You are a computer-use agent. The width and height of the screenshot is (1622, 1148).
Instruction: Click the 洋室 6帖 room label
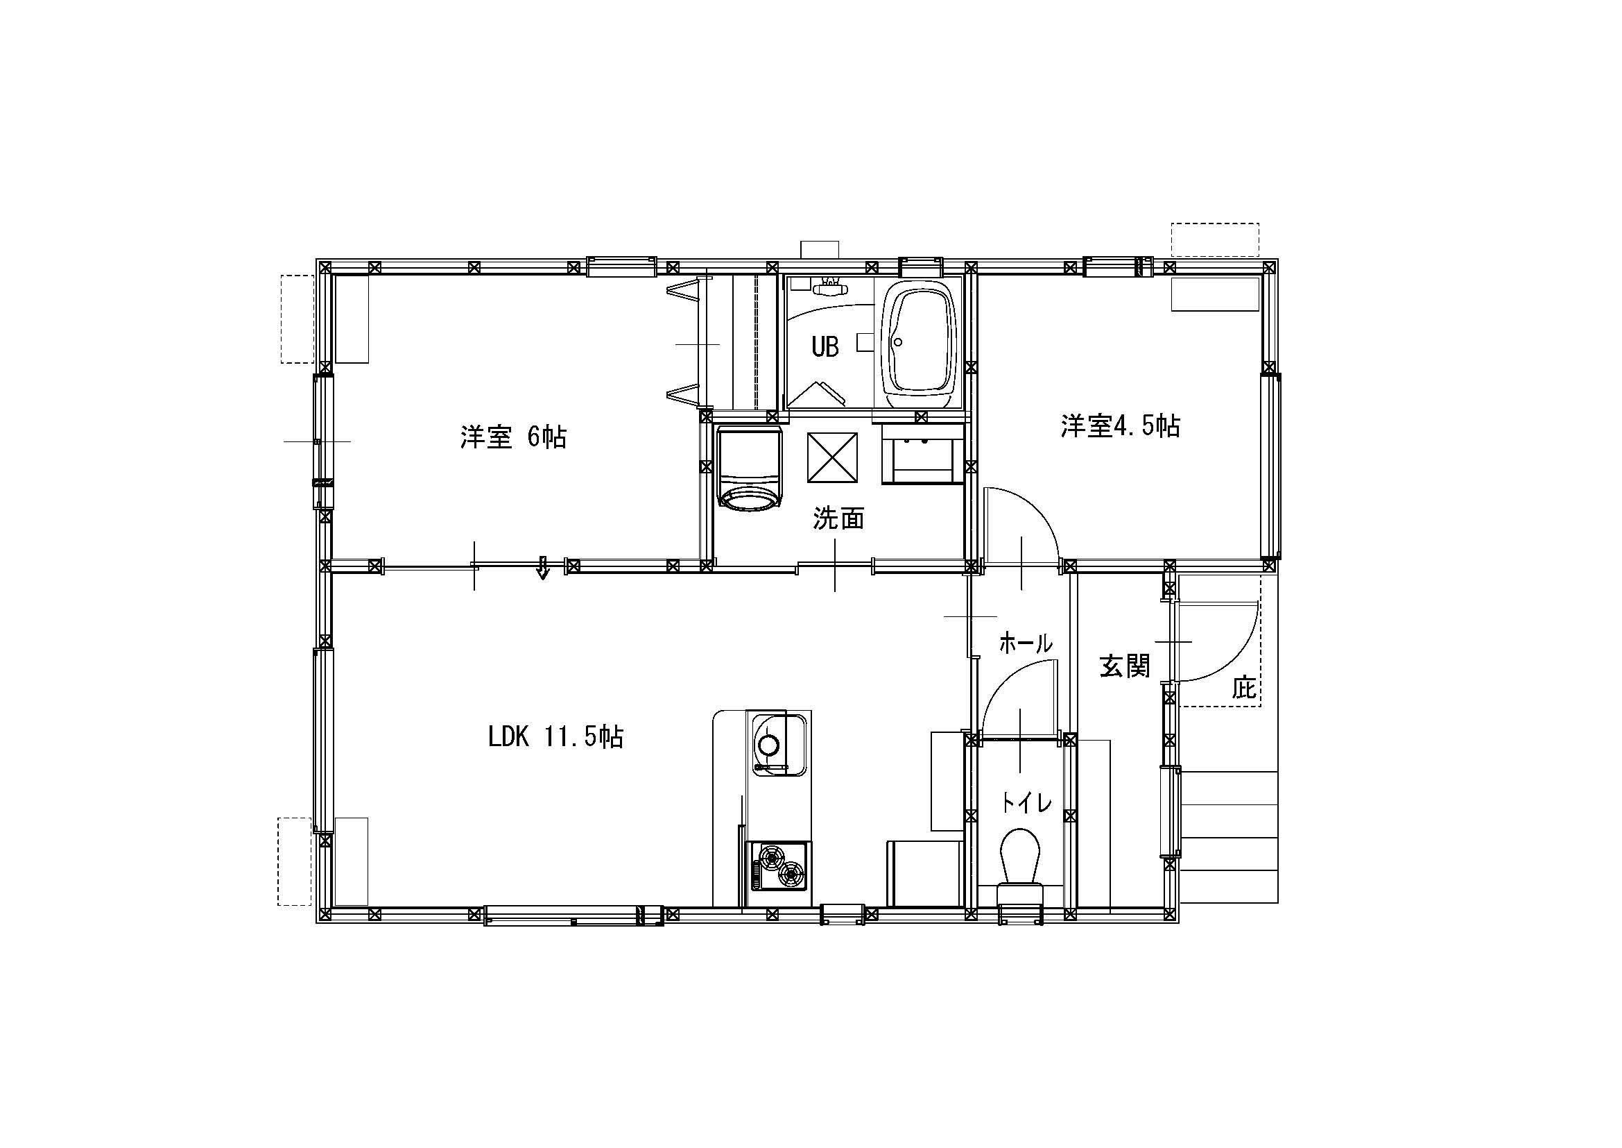click(513, 437)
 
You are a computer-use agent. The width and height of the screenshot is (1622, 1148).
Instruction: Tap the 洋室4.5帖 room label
click(1120, 425)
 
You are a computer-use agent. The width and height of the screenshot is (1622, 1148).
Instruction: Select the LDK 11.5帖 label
click(555, 737)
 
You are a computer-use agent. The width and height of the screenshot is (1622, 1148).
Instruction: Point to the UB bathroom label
click(825, 347)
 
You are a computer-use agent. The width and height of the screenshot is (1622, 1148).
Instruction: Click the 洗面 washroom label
click(838, 518)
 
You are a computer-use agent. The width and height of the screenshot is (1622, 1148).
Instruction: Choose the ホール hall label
click(1026, 643)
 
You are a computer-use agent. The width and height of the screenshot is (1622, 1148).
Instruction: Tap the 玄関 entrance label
click(1125, 666)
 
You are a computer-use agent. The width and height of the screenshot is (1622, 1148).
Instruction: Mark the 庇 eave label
click(1244, 687)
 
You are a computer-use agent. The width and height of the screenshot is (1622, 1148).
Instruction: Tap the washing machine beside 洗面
click(750, 467)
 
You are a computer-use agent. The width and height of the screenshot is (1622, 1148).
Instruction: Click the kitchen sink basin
click(779, 744)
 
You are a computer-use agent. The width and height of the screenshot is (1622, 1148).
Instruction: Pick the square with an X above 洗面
click(832, 458)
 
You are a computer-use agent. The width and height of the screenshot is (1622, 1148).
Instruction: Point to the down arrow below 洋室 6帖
click(542, 568)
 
